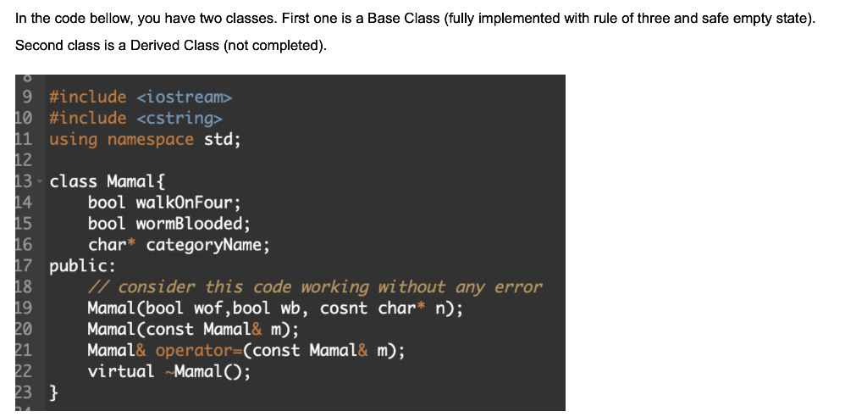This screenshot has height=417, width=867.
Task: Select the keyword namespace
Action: pos(151,140)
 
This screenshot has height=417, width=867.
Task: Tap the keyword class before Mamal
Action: pos(74,181)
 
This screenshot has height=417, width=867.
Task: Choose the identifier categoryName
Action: pos(207,246)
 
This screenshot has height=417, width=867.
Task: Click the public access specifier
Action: pos(75,266)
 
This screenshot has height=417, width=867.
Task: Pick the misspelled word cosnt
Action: pos(345,309)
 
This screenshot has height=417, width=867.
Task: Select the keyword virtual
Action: pos(120,371)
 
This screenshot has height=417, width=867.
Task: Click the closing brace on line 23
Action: pos(54,392)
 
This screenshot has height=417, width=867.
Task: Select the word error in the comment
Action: pos(518,287)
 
